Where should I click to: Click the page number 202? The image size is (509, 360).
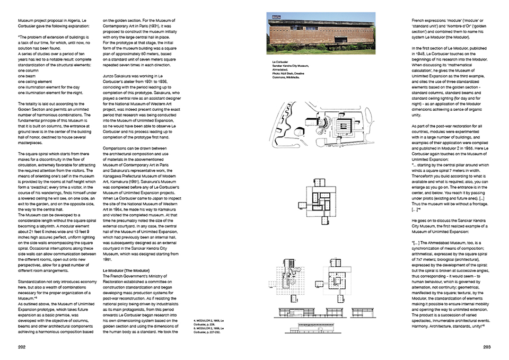tap(22, 347)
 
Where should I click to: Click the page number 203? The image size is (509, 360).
tap(486, 347)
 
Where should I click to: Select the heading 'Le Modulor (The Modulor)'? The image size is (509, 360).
tap(126, 270)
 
